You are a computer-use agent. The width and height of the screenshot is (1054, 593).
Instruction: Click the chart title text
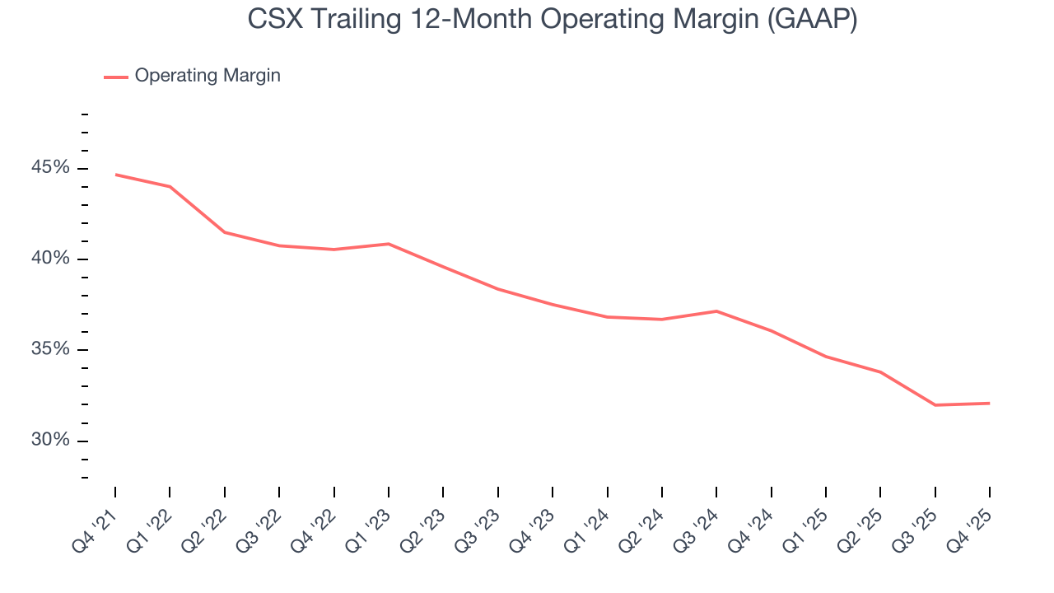tap(552, 20)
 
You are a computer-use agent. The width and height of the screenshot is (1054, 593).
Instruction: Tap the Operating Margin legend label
tap(208, 76)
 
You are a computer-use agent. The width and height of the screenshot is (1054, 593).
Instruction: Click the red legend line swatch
tap(115, 77)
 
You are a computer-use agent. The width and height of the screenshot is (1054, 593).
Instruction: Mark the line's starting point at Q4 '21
tap(115, 175)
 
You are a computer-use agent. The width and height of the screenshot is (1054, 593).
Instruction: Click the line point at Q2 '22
tap(224, 232)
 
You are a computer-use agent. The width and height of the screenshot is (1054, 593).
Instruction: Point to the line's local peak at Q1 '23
tap(388, 244)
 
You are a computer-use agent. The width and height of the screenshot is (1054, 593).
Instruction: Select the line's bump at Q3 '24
tap(716, 311)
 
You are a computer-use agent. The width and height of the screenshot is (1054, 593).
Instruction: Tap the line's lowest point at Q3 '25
tap(935, 405)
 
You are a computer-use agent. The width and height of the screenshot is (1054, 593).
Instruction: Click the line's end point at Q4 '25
tap(989, 404)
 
